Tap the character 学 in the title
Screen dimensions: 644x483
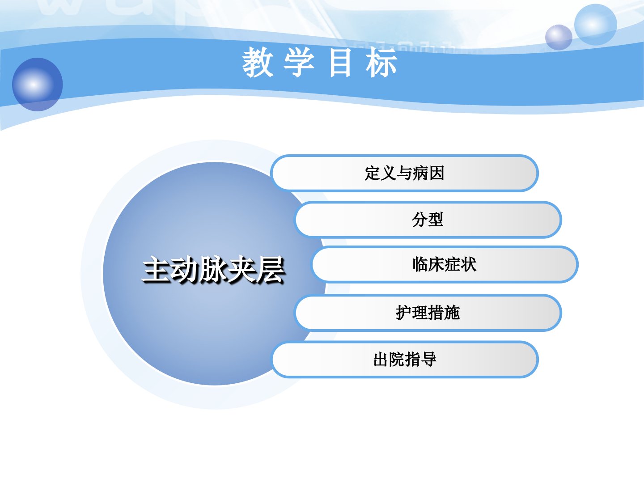point(299,62)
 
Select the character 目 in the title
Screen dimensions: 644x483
point(340,63)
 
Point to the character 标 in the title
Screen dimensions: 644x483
point(381,62)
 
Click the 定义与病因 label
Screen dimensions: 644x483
point(404,173)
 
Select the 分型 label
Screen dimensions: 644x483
point(428,219)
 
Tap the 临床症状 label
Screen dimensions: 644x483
point(444,264)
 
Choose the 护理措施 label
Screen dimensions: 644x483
point(428,312)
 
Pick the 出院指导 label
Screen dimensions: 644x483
point(404,359)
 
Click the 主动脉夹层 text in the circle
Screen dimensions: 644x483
point(214,270)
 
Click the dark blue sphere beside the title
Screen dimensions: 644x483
point(37,85)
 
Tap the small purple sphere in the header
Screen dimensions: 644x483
point(559,37)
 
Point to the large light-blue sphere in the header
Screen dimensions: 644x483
point(595,25)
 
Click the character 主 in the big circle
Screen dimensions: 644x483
point(157,270)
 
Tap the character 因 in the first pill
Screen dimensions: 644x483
point(436,173)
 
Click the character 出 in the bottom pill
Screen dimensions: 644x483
point(381,359)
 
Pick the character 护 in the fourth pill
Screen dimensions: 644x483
point(404,312)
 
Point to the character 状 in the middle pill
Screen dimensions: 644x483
point(469,264)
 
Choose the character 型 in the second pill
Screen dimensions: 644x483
point(436,219)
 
